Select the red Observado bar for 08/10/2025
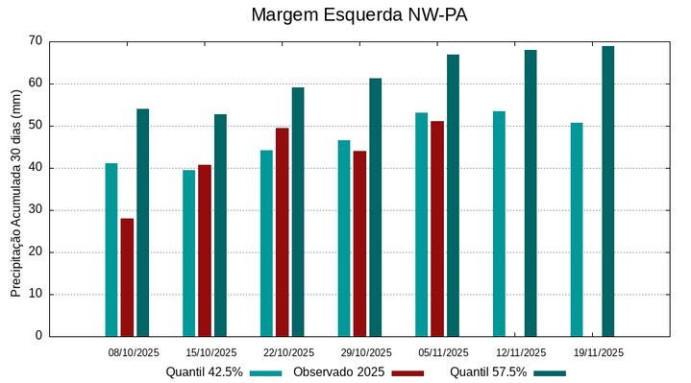(x=127, y=277)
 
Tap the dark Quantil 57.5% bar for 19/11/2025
(x=607, y=191)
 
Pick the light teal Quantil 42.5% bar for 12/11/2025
(x=499, y=224)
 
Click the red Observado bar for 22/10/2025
(x=282, y=231)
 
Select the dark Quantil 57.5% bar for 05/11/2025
(x=453, y=195)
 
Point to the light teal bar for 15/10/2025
(x=188, y=252)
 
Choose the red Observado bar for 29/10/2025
(x=359, y=243)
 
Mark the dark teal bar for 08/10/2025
(x=142, y=222)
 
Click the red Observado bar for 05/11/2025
(x=437, y=228)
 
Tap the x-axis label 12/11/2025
(x=521, y=352)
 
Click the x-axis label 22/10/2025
(x=288, y=352)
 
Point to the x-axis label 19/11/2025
(x=598, y=352)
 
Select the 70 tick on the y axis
(x=36, y=41)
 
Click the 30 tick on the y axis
(x=36, y=210)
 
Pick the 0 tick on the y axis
(x=39, y=336)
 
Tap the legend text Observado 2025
(x=339, y=372)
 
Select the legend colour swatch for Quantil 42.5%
(x=266, y=372)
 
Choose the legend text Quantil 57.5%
(x=488, y=372)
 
